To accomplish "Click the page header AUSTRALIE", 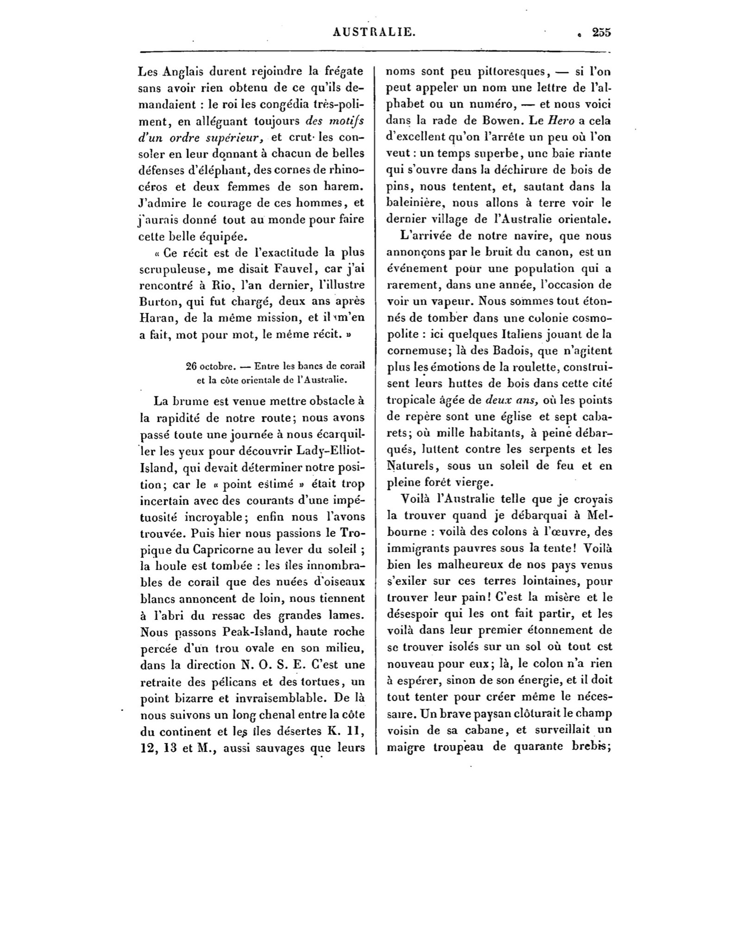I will [x=374, y=32].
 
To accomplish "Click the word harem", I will [x=342, y=187].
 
